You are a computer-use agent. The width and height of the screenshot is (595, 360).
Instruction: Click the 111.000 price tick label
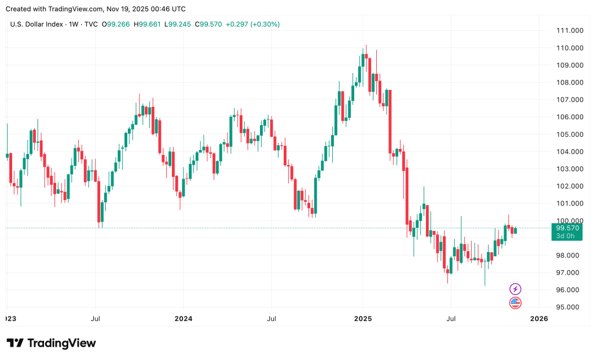coord(569,30)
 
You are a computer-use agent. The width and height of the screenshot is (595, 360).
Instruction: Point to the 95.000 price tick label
coord(570,307)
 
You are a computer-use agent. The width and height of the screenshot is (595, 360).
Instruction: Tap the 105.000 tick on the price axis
coord(569,135)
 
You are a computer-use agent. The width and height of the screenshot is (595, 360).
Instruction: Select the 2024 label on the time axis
coord(183,319)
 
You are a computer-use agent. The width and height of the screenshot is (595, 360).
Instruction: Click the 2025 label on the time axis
coord(363,319)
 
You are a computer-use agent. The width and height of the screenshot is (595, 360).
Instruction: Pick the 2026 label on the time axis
coord(538,319)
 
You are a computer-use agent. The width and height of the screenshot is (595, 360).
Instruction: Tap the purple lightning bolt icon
coord(515,289)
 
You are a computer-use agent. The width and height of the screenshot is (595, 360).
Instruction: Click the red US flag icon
coord(515,302)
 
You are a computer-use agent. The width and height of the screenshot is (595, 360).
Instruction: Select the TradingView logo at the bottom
coord(51,343)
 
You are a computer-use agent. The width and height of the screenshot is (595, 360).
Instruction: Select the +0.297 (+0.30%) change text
coord(253,24)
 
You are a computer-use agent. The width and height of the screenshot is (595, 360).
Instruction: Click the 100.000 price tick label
coord(569,221)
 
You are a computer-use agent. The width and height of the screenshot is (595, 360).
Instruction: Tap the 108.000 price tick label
coord(569,83)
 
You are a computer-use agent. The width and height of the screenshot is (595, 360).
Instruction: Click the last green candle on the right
coord(515,230)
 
